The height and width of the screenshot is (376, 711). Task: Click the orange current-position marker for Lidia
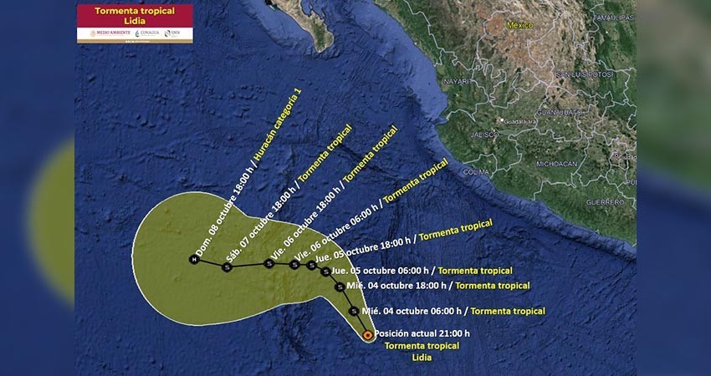pyautogui.click(x=368, y=335)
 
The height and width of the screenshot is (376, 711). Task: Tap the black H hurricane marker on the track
pyautogui.click(x=193, y=260)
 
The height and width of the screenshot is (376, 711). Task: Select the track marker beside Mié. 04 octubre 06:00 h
pyautogui.click(x=354, y=311)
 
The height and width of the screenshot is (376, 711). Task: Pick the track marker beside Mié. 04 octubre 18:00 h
pyautogui.click(x=339, y=287)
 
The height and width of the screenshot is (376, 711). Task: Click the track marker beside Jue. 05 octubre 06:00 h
pyautogui.click(x=325, y=271)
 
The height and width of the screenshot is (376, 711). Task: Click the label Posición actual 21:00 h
pyautogui.click(x=422, y=333)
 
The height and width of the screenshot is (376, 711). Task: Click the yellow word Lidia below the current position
pyautogui.click(x=422, y=357)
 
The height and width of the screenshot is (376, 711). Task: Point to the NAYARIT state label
pyautogui.click(x=457, y=81)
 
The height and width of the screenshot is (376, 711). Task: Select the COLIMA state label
pyautogui.click(x=476, y=171)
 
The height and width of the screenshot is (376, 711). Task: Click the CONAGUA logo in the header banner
pyautogui.click(x=147, y=33)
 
